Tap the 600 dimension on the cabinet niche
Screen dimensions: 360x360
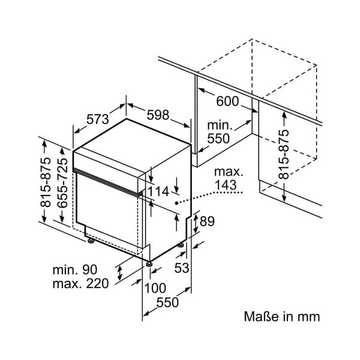(x=227, y=102)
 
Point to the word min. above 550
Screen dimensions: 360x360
(x=220, y=124)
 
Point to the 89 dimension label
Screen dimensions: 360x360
(x=206, y=221)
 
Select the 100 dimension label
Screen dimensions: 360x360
(x=155, y=288)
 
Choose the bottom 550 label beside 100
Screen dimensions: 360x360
(x=167, y=303)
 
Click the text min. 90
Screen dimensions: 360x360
(x=75, y=270)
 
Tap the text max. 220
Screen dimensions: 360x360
(x=80, y=284)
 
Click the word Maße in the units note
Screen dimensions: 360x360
(x=259, y=316)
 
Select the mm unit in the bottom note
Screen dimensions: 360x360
(x=310, y=316)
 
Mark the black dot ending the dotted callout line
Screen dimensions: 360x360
(x=177, y=205)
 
